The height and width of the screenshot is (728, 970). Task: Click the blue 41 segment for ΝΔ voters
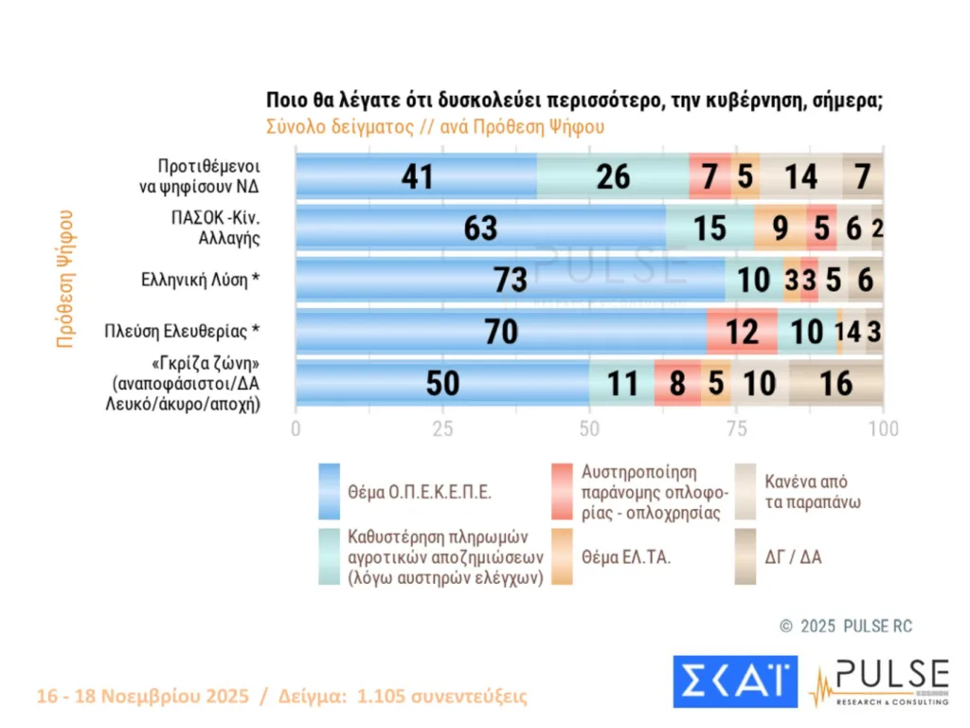point(416,176)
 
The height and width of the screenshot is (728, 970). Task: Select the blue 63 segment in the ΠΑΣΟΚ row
point(480,228)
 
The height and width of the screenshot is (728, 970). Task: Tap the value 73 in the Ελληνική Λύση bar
point(510,280)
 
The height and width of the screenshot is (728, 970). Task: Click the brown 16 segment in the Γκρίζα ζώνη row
point(836,383)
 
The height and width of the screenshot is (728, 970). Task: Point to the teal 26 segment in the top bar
point(613,176)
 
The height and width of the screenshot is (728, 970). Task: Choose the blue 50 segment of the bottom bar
point(441,383)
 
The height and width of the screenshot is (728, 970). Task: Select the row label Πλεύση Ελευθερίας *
point(182,332)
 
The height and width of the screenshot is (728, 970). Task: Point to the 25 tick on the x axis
point(442,429)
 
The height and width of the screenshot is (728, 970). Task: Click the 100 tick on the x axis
point(883,429)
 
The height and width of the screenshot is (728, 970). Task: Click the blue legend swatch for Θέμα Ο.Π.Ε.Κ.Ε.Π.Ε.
point(329,492)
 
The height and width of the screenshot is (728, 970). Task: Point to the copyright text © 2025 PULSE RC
point(846,627)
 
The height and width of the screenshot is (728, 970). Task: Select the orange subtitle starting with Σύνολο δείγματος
point(435,126)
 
